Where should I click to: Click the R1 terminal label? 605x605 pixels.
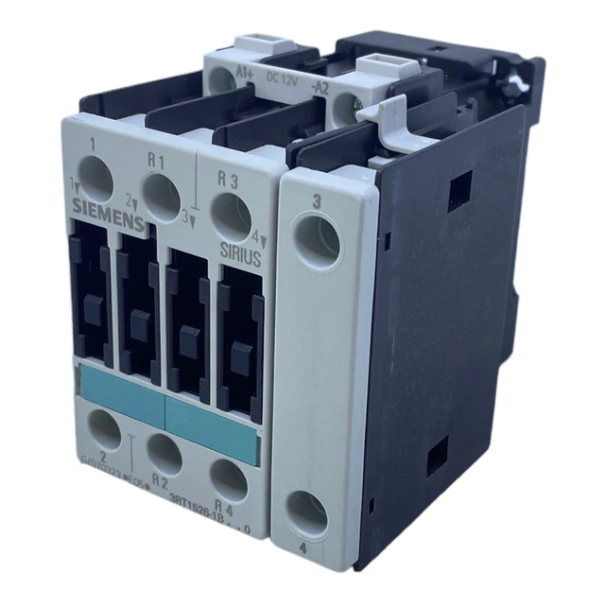(156, 161)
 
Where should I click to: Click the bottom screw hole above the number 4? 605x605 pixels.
(307, 510)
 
